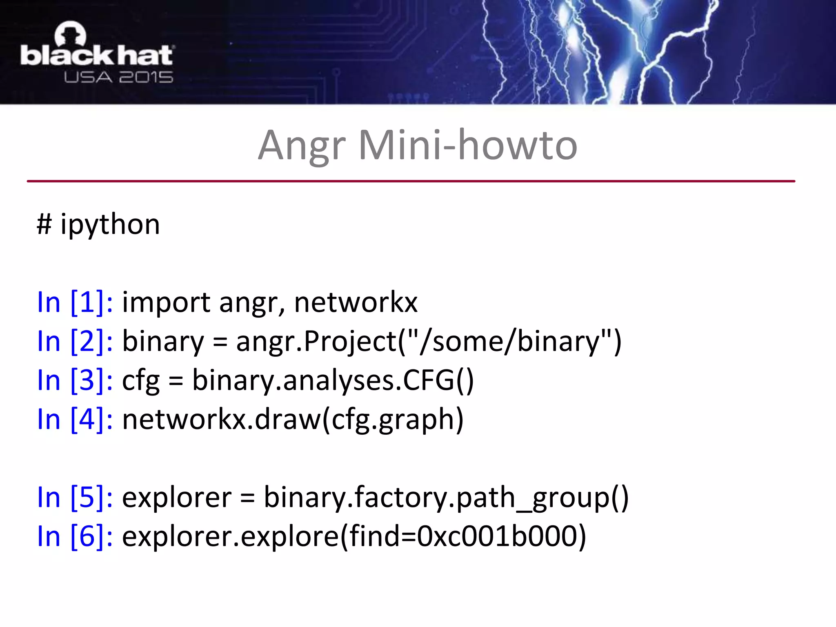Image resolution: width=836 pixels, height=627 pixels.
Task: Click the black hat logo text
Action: click(x=97, y=56)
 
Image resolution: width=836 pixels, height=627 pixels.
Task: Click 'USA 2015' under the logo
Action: click(x=118, y=77)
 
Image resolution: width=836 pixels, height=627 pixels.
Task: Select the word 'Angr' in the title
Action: click(x=302, y=146)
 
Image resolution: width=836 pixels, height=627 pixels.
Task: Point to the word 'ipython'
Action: click(x=110, y=225)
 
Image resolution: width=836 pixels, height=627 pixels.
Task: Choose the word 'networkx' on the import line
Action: click(x=356, y=302)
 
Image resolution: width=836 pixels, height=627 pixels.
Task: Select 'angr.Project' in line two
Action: click(x=316, y=341)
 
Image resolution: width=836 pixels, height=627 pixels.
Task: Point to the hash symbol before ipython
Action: click(x=44, y=225)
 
